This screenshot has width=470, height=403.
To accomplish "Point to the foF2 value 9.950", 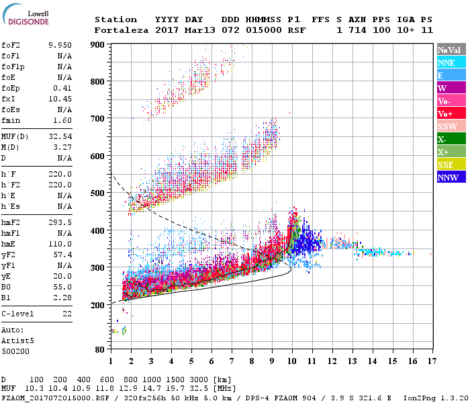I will (x=60, y=46).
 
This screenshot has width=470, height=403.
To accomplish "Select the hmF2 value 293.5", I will (x=60, y=222).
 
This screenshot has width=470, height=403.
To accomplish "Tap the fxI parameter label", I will (x=9, y=99).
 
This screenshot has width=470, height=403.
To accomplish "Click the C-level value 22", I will (x=67, y=314).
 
